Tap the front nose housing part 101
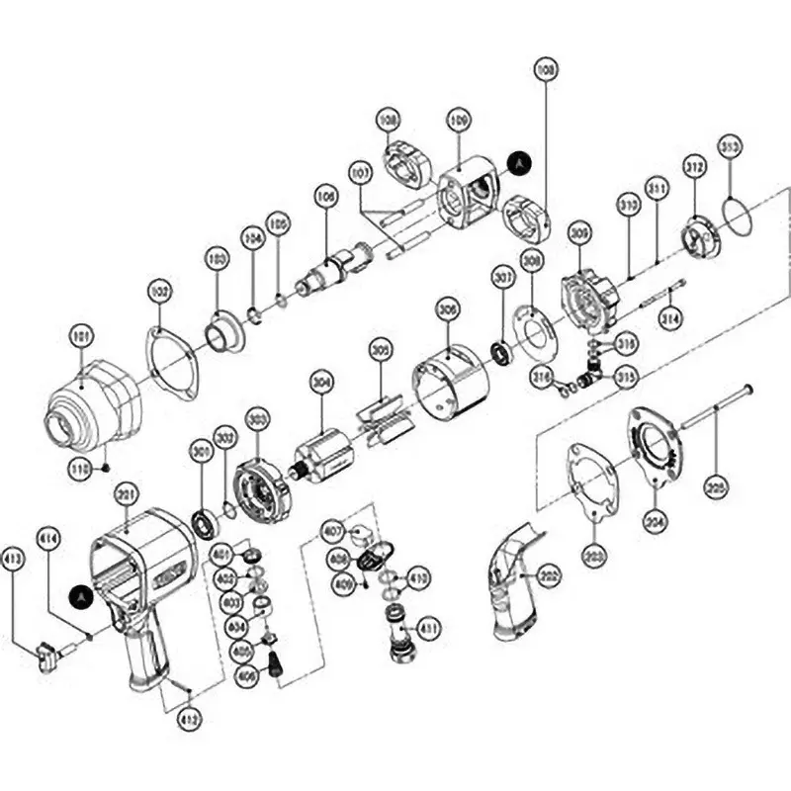pos(91,403)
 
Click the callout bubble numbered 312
pos(695,167)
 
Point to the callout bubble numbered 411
pos(428,627)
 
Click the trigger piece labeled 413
pos(46,654)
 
